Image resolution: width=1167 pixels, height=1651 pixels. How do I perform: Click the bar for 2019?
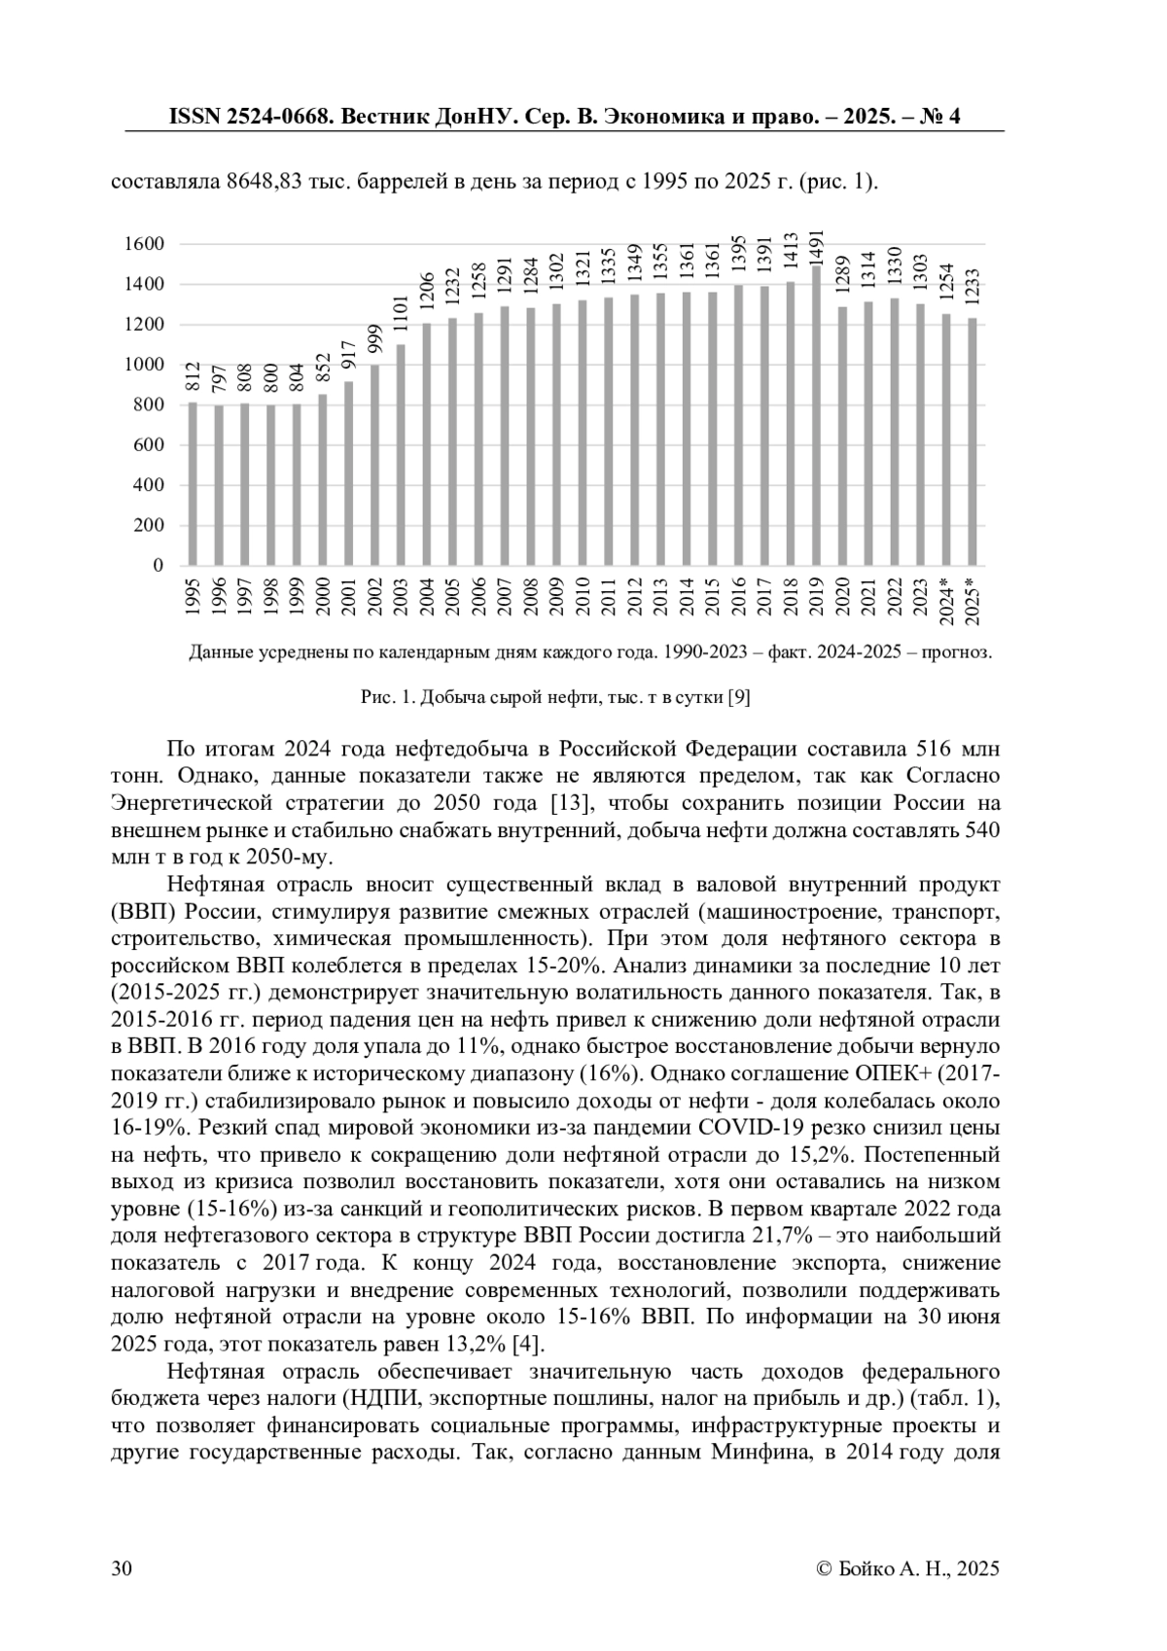click(x=816, y=415)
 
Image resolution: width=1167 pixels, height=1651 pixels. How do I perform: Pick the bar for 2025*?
click(x=972, y=441)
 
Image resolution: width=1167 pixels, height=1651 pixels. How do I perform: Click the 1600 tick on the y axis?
click(x=144, y=244)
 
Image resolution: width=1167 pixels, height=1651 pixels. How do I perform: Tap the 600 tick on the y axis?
click(x=149, y=445)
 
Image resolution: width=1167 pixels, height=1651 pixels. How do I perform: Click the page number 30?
click(x=123, y=1568)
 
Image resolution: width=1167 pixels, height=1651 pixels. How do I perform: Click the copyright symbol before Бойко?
click(x=825, y=1568)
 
